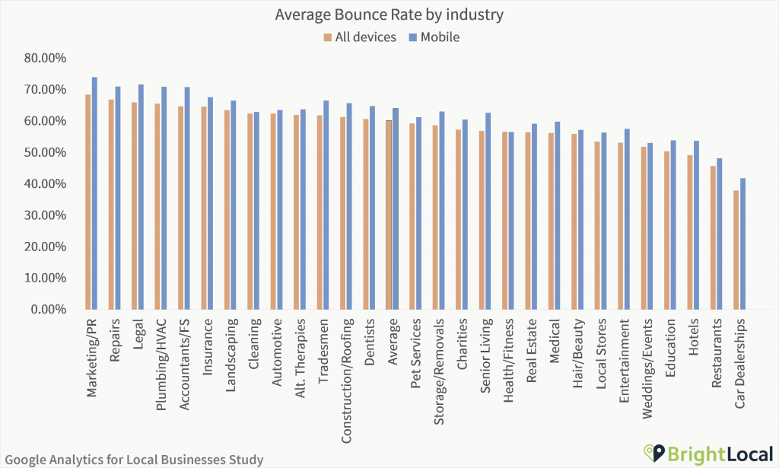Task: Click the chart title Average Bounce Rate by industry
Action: tap(390, 14)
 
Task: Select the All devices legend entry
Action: tap(359, 37)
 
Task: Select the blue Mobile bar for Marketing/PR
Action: tap(94, 193)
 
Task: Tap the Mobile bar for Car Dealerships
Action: tap(743, 244)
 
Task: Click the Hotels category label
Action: tap(694, 337)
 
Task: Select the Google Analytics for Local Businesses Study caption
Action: tap(133, 459)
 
